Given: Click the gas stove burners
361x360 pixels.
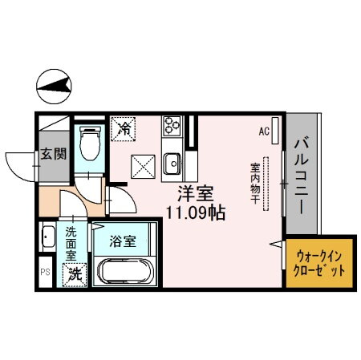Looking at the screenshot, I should tap(172, 126).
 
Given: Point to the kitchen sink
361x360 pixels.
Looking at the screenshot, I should tap(172, 164).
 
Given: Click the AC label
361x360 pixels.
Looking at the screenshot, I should tap(264, 129).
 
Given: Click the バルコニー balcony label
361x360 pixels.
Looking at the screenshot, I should tap(302, 176).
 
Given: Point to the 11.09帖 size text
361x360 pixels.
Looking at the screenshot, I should tap(195, 214).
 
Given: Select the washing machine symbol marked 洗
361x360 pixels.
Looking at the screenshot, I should tap(74, 273).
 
